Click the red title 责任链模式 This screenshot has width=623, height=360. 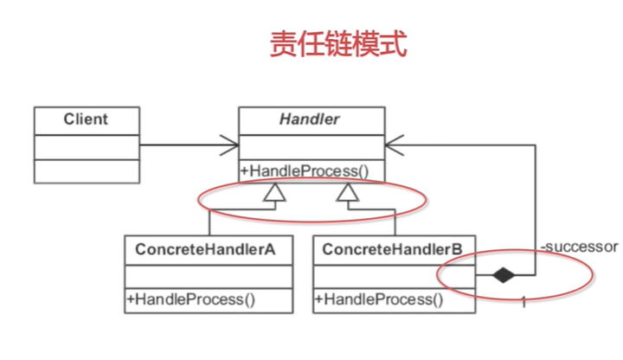click(338, 44)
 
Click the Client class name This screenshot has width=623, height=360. click(86, 119)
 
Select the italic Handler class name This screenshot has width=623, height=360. click(310, 119)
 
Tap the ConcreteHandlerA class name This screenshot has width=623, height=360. click(205, 249)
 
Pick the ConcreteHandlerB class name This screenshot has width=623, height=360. click(393, 249)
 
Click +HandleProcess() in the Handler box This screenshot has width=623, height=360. click(305, 171)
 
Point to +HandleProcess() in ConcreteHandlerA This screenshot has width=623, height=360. click(190, 299)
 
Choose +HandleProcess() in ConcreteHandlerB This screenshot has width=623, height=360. click(379, 299)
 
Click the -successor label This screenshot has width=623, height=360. click(579, 247)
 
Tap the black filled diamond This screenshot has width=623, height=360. click(503, 274)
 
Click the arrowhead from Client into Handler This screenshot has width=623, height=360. click(230, 145)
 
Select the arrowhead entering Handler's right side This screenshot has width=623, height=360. click(395, 145)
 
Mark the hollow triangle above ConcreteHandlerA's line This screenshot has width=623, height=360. click(274, 192)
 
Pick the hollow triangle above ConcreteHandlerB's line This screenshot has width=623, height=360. click(348, 192)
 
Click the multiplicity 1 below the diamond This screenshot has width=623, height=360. click(523, 302)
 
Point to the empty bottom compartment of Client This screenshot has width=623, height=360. click(87, 171)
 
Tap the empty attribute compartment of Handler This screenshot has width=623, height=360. click(311, 147)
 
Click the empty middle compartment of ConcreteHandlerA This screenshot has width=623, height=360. click(209, 277)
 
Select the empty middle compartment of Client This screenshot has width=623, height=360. click(87, 147)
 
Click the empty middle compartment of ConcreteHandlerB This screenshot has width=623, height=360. click(395, 277)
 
